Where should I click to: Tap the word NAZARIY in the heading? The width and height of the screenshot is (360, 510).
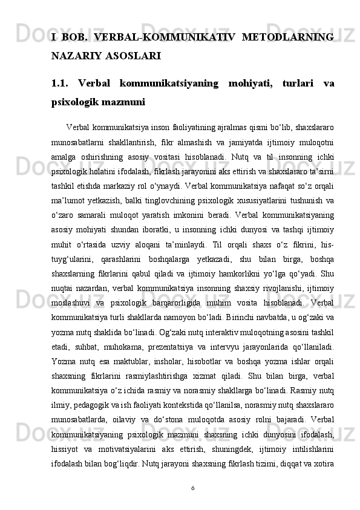[x=76, y=57]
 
